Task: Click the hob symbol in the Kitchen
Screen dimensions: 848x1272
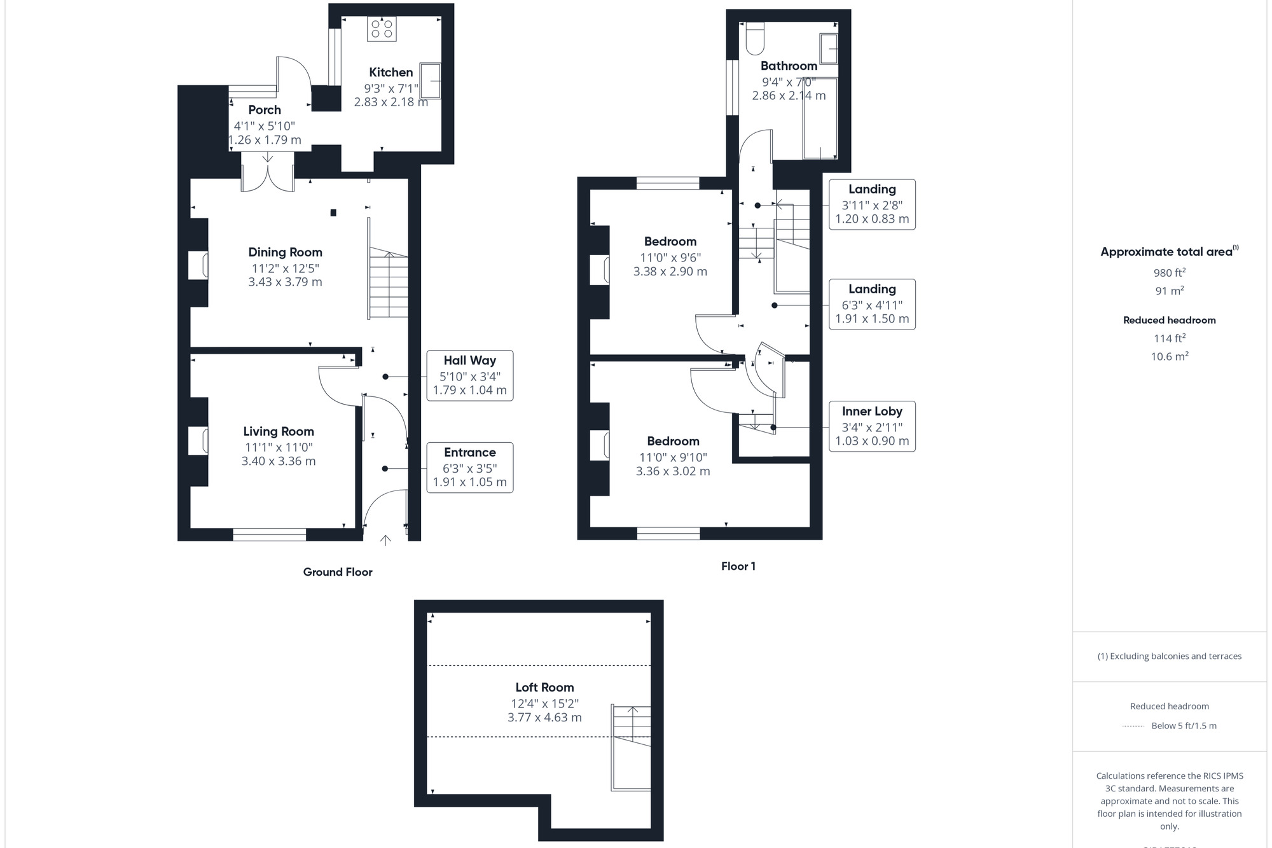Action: [382, 29]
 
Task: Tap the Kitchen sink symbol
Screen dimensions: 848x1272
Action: [431, 80]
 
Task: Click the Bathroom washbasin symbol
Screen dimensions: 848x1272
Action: [829, 49]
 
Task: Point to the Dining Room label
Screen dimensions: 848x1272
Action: [285, 253]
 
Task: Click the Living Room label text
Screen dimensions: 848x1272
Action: [279, 431]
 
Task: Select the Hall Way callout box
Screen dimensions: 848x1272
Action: [469, 375]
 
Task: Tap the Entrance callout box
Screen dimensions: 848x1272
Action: [469, 468]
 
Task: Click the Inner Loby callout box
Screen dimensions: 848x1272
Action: [872, 426]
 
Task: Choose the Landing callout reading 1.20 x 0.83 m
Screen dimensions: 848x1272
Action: [872, 204]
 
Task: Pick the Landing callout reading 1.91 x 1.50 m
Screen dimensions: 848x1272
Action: [872, 304]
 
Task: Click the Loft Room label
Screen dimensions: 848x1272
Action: [544, 688]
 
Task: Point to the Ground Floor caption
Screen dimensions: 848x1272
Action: [338, 572]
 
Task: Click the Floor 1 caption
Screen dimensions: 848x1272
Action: [738, 566]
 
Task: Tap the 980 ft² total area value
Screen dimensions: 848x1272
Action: [1169, 273]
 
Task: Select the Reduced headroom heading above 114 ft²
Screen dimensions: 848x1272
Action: [1169, 320]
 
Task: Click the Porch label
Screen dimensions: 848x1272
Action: [265, 110]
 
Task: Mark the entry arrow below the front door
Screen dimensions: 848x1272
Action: [385, 540]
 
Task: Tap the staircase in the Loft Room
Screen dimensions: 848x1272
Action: [631, 747]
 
